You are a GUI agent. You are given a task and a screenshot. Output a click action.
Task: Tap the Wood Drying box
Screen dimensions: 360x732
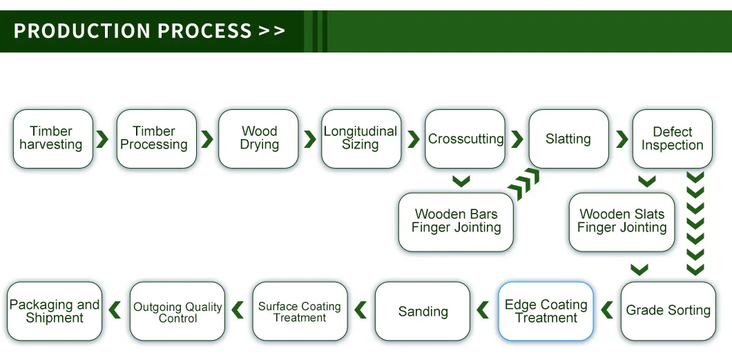pos(258,139)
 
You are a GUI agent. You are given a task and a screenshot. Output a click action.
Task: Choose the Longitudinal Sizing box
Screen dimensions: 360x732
pos(360,139)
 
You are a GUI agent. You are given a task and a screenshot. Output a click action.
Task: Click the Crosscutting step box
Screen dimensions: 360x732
pos(465,139)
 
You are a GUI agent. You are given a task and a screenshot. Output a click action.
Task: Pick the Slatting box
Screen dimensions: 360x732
pos(568,139)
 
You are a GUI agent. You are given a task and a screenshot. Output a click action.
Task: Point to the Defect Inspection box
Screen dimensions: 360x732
pos(672,139)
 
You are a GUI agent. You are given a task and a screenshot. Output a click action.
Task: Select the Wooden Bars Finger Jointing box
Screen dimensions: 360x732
pos(456,221)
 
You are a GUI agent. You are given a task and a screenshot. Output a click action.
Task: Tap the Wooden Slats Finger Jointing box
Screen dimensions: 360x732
pos(622,221)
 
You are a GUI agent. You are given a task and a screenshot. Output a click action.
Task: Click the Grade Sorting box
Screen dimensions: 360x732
pos(668,311)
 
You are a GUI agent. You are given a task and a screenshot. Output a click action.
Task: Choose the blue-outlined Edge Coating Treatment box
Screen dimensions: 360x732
pos(546,311)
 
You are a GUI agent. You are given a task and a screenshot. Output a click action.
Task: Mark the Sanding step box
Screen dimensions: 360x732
pos(423,311)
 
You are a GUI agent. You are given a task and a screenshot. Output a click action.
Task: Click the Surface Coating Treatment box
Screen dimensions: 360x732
pos(300,311)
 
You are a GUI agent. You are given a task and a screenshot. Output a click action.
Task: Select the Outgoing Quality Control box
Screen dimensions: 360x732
pos(177,311)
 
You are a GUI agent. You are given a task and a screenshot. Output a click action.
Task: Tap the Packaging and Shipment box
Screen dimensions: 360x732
pos(55,311)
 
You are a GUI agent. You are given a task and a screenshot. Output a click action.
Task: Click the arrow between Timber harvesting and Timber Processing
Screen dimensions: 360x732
pos(103,139)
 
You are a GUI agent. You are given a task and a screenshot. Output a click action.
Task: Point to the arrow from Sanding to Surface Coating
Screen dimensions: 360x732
pos(360,310)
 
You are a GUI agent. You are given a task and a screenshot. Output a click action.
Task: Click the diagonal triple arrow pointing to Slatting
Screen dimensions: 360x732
pos(523,185)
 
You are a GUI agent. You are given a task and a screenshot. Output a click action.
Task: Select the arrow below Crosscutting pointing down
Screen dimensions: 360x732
pos(461,182)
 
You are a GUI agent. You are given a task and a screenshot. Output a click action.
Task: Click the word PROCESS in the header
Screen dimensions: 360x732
pos(204,31)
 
